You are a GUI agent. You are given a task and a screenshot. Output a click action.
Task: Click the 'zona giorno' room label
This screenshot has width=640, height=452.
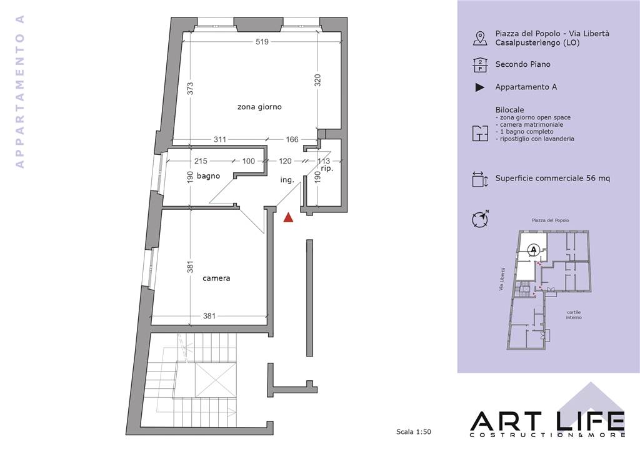(259, 107)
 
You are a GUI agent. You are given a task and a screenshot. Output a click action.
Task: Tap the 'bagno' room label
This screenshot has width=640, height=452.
(208, 176)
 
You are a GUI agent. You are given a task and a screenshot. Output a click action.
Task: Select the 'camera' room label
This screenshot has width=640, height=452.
(216, 278)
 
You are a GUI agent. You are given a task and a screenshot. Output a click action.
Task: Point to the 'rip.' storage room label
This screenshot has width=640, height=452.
(327, 169)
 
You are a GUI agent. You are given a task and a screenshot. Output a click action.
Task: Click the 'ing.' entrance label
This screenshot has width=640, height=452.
(287, 180)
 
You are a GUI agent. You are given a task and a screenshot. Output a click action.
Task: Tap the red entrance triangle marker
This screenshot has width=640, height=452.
(289, 218)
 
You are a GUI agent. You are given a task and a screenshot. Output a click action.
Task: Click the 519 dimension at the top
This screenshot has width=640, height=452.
(262, 42)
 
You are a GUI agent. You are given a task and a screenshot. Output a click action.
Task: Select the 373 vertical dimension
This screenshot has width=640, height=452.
(190, 89)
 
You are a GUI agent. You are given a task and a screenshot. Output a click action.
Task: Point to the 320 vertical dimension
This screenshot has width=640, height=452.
(318, 81)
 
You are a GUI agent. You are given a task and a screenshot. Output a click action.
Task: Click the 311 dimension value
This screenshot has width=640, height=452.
(220, 139)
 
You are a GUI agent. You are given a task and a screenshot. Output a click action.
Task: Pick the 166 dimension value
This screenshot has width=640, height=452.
(292, 139)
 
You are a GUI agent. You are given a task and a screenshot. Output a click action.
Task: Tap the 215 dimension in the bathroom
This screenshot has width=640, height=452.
(201, 161)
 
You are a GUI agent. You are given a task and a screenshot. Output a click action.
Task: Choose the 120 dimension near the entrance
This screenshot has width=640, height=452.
(285, 161)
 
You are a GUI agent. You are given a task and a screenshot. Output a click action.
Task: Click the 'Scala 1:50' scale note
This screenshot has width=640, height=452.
(414, 432)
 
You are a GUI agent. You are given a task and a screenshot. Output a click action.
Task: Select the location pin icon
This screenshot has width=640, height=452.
(480, 38)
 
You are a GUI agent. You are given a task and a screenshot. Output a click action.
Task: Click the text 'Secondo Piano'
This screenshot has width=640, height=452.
(523, 64)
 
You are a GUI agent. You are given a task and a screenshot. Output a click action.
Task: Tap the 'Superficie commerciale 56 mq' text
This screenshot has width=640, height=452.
(552, 178)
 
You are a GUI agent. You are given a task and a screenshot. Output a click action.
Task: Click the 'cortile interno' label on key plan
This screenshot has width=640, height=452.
(574, 315)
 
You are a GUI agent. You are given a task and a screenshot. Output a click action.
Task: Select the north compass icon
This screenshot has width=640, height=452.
(481, 219)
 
